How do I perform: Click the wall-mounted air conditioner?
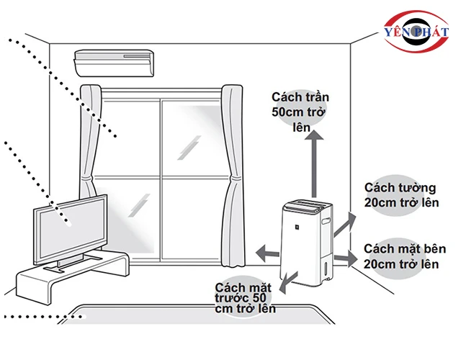pyautogui.click(x=114, y=62)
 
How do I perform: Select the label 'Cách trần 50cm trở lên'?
pyautogui.click(x=297, y=112)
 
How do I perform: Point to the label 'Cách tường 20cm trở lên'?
pyautogui.click(x=401, y=196)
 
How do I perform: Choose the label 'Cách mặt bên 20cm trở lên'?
pyautogui.click(x=403, y=256)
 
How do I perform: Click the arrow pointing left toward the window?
pyautogui.click(x=267, y=252)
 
